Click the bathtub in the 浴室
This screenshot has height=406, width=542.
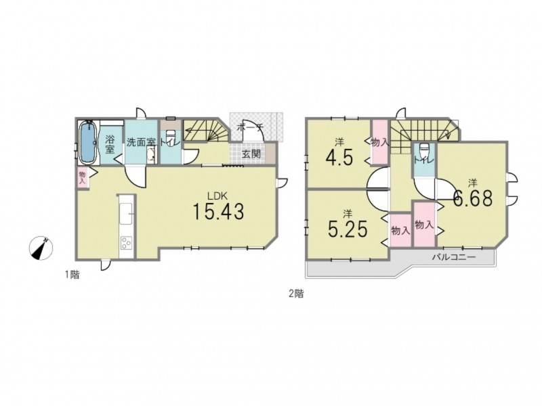88,141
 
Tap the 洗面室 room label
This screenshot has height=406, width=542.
140,142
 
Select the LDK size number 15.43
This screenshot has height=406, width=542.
217,211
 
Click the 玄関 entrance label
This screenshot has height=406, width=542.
251,154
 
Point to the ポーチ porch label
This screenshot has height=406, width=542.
250,127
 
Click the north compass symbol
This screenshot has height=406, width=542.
41,248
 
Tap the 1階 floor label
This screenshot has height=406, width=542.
72,275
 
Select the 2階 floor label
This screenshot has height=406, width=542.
296,294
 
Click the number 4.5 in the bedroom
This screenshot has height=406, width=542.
339,158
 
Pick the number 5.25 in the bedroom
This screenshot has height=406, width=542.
348,229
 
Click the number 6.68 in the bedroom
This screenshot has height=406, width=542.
473,198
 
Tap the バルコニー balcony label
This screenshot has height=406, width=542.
454,257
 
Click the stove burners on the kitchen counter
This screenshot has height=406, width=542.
126,242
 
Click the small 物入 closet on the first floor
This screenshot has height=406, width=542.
82,178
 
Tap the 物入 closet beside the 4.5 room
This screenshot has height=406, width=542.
379,142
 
